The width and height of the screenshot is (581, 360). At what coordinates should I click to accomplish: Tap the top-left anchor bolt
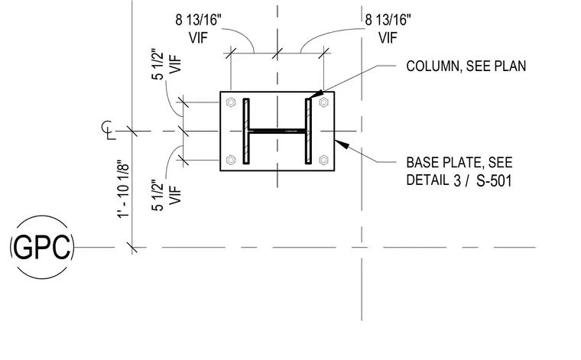[231, 102]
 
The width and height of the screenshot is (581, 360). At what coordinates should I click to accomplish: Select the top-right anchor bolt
[323, 102]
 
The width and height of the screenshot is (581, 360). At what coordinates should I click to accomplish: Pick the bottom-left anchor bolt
[231, 160]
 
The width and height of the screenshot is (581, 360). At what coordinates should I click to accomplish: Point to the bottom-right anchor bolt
[323, 160]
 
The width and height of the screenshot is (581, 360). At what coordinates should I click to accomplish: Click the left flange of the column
[246, 131]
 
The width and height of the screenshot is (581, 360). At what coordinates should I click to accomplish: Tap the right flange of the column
[308, 131]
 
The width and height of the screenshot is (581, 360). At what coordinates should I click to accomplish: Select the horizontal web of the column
[278, 131]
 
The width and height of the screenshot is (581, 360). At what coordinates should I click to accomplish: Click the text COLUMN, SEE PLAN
[466, 66]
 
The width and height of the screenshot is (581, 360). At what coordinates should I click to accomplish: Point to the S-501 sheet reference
[494, 181]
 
